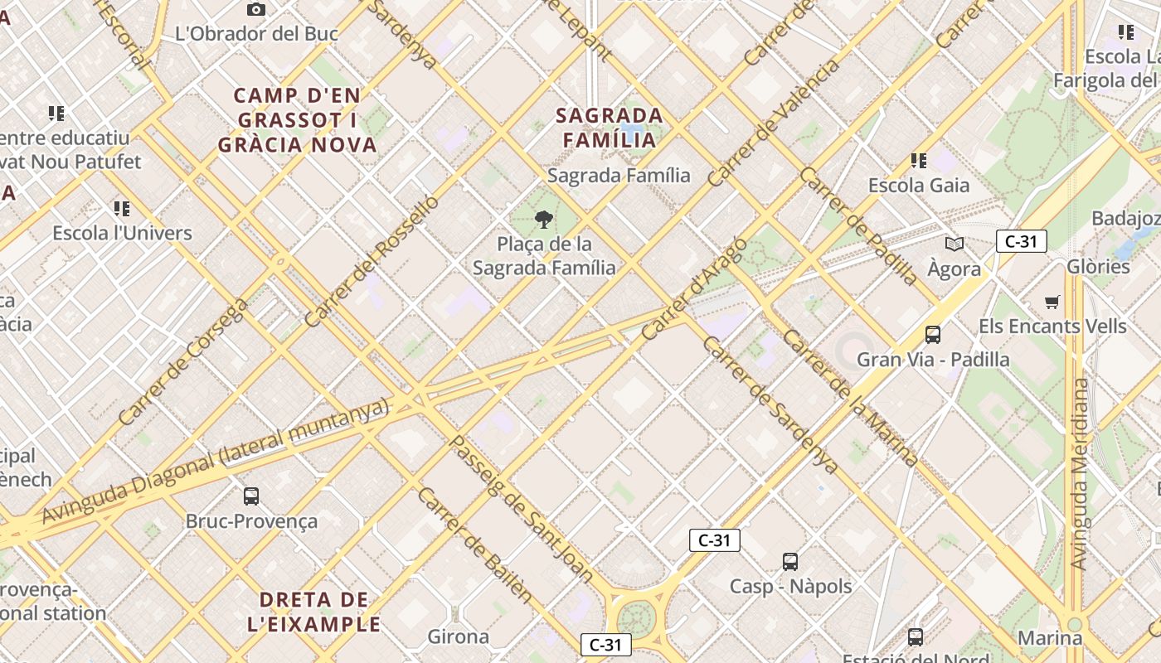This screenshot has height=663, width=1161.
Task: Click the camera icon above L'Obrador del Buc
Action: [256, 10]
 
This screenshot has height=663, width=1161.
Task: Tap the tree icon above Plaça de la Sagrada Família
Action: [544, 220]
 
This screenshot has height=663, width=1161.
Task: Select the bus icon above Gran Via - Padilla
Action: [933, 335]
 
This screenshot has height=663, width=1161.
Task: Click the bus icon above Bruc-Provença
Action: [251, 496]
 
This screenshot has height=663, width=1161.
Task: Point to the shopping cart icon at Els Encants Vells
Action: [1052, 302]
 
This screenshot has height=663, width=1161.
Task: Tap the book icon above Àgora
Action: [955, 244]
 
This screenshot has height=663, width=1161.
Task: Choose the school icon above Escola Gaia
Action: [918, 160]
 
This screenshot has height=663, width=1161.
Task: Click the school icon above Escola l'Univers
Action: [122, 208]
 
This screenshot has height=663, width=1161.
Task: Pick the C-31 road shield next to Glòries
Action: [1021, 241]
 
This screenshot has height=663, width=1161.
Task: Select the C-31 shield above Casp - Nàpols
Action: [714, 540]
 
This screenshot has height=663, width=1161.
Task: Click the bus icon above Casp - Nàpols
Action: [790, 562]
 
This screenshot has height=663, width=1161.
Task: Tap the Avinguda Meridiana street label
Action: [1079, 474]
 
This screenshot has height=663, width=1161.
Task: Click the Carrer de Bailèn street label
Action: [475, 544]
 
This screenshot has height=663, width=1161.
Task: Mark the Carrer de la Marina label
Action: [850, 398]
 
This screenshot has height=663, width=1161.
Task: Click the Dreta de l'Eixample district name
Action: [313, 612]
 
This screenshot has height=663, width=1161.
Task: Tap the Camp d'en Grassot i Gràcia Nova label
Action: [298, 120]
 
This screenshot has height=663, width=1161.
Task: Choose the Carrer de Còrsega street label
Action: [182, 362]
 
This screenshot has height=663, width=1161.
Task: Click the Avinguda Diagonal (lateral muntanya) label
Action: [215, 461]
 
